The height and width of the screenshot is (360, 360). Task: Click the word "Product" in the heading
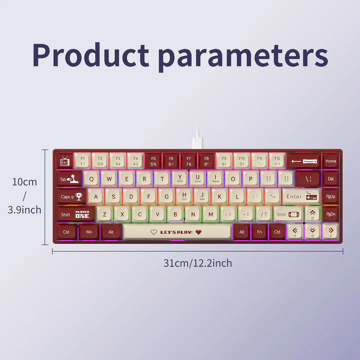(91, 55)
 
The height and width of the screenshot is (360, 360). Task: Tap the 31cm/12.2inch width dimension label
(197, 263)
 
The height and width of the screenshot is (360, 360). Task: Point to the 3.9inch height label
(24, 210)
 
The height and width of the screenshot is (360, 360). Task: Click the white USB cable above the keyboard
(197, 136)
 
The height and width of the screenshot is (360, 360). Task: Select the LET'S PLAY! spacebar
(177, 232)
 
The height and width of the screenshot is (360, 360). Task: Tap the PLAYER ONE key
(82, 214)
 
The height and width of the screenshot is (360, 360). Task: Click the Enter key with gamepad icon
(301, 196)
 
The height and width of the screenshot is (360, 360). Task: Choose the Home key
(331, 161)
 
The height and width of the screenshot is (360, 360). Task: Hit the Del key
(331, 179)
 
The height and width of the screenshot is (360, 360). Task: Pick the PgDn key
(331, 214)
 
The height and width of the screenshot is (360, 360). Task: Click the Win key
(89, 232)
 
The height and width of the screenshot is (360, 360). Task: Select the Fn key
(259, 232)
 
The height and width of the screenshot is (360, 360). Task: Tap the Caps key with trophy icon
(71, 196)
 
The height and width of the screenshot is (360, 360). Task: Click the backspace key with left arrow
(304, 161)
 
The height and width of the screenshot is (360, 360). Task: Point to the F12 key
(277, 161)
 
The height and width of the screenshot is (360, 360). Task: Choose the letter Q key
(91, 179)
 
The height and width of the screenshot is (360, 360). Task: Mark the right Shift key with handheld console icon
(288, 214)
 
